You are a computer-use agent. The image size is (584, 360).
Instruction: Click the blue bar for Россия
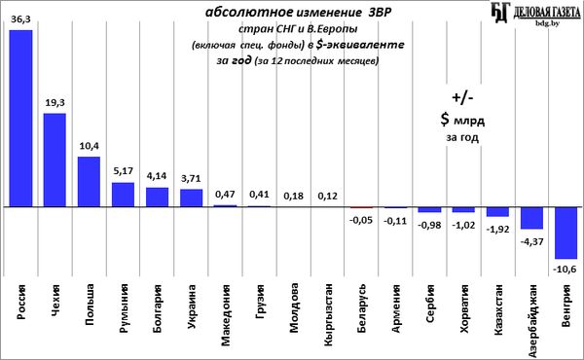tap(20, 118)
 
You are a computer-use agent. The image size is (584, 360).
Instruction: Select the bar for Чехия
tap(55, 160)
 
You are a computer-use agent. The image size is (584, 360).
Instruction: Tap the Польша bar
tap(89, 181)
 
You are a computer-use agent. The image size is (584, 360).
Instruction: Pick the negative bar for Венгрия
tap(566, 233)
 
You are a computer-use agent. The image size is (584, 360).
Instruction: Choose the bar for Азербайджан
tap(531, 218)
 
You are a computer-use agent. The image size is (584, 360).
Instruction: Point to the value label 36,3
tap(20, 19)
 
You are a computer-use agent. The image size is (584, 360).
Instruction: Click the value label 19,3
tap(55, 103)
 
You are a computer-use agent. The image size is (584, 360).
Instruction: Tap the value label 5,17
tap(123, 171)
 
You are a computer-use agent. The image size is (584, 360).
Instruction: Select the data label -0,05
tap(360, 220)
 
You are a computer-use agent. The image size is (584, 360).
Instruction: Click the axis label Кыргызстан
tap(328, 314)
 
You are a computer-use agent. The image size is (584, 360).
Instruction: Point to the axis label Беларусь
tap(362, 308)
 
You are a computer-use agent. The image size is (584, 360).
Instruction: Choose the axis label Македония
tap(226, 315)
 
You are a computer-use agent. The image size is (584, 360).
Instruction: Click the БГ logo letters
tap(500, 13)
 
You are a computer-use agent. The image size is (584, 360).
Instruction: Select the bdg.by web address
tap(547, 23)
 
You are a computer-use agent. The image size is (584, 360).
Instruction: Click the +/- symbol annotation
tap(462, 98)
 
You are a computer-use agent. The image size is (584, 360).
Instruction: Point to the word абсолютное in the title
tap(249, 13)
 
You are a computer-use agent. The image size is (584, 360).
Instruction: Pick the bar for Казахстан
tap(497, 211)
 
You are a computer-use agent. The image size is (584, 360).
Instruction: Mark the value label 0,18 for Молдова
tap(294, 196)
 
